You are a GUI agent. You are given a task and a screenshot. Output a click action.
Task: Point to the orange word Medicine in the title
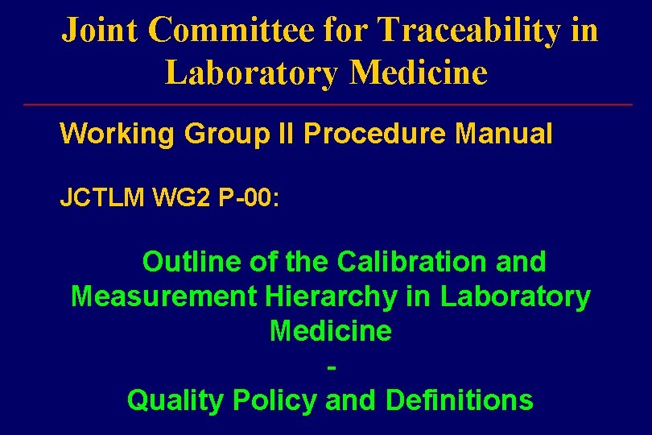pos(419,72)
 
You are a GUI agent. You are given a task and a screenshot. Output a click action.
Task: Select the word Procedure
pos(374,134)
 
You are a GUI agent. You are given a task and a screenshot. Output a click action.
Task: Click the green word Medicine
pos(330,331)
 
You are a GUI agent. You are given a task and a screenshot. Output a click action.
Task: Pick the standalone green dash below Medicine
pos(332,367)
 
